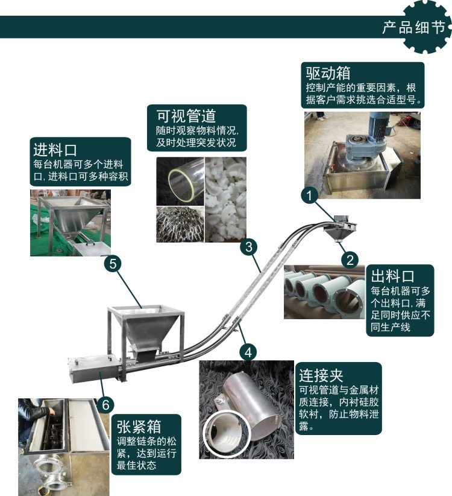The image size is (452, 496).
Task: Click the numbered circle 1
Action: click(310, 195)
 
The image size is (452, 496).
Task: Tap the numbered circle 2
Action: click(350, 259)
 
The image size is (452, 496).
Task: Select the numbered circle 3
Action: click(248, 247)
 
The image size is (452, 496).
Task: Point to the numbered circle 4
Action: click(248, 352)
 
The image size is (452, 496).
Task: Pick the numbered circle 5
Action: click(113, 264)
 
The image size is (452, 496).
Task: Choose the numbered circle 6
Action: click(105, 404)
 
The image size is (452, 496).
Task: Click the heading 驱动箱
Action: click(328, 73)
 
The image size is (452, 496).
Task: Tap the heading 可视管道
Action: click(186, 116)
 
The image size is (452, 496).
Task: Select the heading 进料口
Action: click(55, 150)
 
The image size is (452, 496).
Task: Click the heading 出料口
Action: click(392, 276)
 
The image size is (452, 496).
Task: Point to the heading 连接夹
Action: click(321, 375)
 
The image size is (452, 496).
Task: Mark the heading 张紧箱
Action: click(139, 427)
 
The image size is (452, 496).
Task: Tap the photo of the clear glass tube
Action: click(180, 182)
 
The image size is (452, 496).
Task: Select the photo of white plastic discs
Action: click(226, 200)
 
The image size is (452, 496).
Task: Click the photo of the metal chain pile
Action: click(180, 224)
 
